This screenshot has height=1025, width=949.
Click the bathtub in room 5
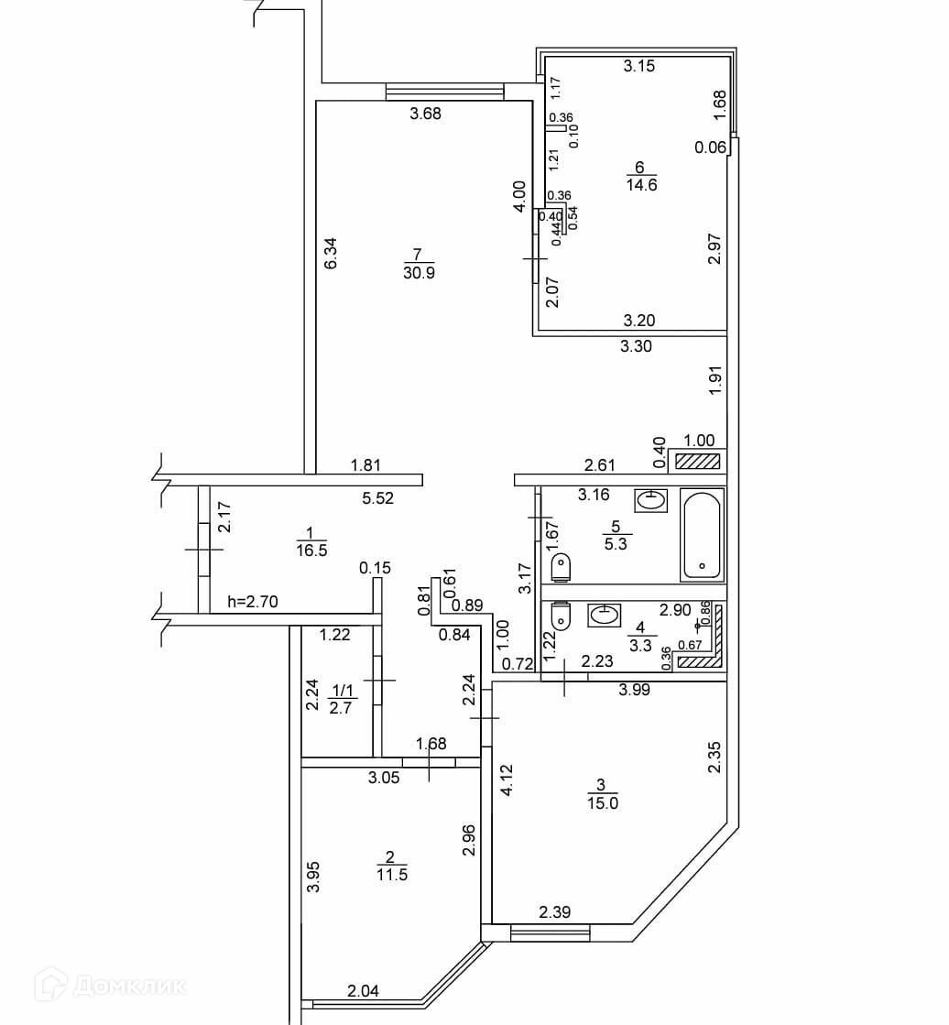click(x=702, y=534)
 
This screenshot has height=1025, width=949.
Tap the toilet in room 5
click(x=563, y=567)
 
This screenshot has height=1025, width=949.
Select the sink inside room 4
click(x=604, y=615)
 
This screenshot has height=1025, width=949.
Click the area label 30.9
click(x=418, y=271)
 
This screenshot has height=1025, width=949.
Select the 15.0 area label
click(x=601, y=803)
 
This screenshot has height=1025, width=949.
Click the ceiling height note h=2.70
click(x=252, y=602)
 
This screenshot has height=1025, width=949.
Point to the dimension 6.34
click(x=332, y=254)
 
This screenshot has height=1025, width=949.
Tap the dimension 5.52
click(x=377, y=498)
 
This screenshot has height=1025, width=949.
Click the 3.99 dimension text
click(x=634, y=691)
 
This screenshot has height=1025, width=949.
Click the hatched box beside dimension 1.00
click(x=701, y=462)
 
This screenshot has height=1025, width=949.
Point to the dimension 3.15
click(x=638, y=65)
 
